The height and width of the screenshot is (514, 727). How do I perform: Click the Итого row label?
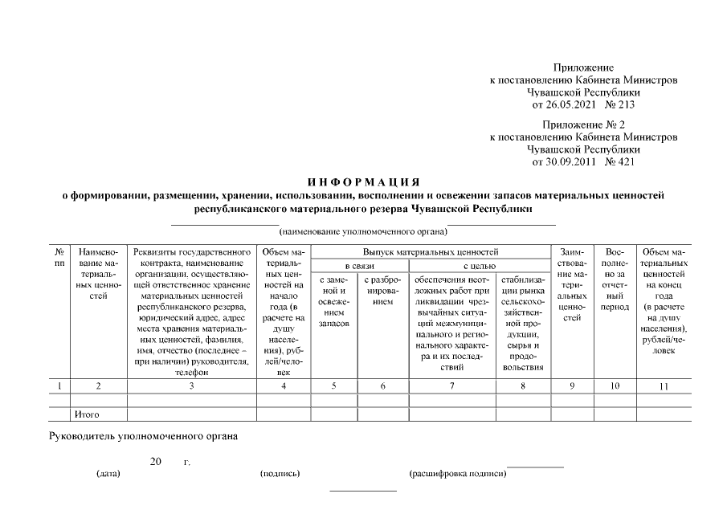click(87, 415)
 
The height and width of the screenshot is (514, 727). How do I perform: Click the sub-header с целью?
click(479, 266)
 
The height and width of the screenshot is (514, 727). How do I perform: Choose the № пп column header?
click(59, 258)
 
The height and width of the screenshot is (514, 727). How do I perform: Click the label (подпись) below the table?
click(280, 474)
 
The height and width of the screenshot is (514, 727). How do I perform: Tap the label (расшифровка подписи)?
click(458, 474)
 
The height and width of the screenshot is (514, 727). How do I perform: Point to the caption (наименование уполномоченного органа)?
click(363, 232)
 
